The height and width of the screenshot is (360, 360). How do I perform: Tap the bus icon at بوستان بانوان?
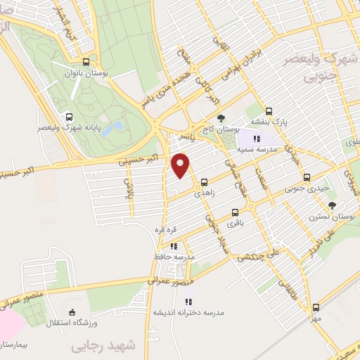pyautogui.click(x=86, y=62)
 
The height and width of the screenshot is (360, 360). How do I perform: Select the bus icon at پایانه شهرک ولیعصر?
pyautogui.click(x=68, y=117)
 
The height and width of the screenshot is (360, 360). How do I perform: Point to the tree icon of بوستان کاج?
pyautogui.click(x=221, y=117)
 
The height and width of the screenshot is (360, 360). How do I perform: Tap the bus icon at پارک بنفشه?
pyautogui.click(x=269, y=111)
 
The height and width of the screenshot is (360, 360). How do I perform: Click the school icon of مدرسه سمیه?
pyautogui.click(x=256, y=139)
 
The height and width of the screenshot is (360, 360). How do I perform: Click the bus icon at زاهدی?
pyautogui.click(x=204, y=181)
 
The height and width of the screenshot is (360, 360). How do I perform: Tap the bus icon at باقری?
pyautogui.click(x=234, y=212)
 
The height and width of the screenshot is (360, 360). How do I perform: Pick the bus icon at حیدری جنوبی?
pyautogui.click(x=305, y=178)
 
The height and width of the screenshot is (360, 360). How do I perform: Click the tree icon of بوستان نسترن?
pyautogui.click(x=331, y=205)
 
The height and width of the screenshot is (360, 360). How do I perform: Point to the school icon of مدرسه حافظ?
pyautogui.click(x=173, y=246)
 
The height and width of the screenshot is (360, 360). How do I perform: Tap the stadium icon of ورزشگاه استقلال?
pyautogui.click(x=71, y=312)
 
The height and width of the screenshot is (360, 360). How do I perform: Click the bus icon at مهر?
pyautogui.click(x=316, y=307)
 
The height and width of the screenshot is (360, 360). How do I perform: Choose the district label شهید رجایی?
pyautogui.click(x=98, y=347)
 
